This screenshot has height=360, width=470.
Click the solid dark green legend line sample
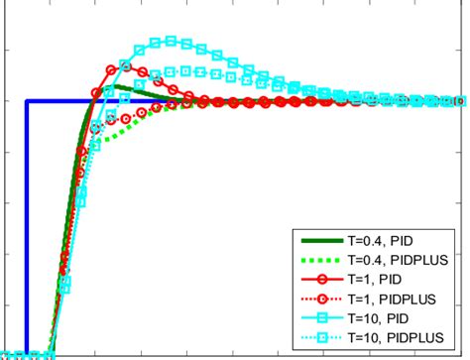click(x=323, y=241)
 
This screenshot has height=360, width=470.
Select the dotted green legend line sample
click(x=323, y=261)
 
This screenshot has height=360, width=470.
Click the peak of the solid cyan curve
click(x=171, y=41)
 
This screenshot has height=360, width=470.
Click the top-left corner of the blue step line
click(x=28, y=101)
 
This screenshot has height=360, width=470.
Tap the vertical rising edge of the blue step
click(x=28, y=228)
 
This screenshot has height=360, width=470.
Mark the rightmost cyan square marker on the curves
click(x=460, y=101)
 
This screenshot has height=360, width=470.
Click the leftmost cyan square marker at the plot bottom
click(x=5, y=354)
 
